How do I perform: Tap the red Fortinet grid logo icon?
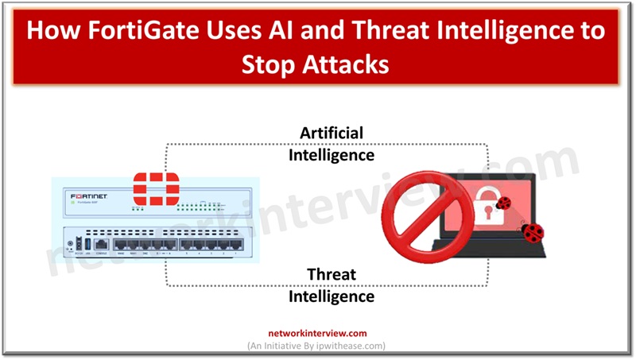pyautogui.click(x=156, y=188)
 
